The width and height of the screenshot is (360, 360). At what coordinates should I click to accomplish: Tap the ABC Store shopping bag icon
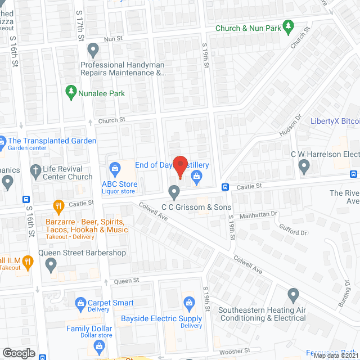coord(115,168)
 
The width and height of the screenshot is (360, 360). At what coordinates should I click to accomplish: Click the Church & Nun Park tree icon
coord(288,26)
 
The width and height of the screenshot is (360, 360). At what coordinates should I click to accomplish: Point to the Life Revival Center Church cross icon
coord(35,170)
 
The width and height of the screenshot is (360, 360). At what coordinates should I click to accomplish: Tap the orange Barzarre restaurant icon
coord(57,205)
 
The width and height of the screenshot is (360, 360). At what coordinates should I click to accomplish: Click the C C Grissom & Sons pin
coord(174,193)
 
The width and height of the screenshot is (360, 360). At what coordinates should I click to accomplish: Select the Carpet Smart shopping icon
coord(79,303)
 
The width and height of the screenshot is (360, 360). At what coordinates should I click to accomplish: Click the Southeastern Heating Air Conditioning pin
coord(292,294)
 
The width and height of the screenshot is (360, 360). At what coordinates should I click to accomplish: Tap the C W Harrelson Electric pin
coord(304,166)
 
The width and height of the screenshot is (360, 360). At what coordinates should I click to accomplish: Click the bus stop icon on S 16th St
coord(26,199)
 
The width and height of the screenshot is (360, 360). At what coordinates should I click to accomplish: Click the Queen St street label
coord(127,280)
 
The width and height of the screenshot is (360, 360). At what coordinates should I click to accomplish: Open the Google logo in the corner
coord(19,353)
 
